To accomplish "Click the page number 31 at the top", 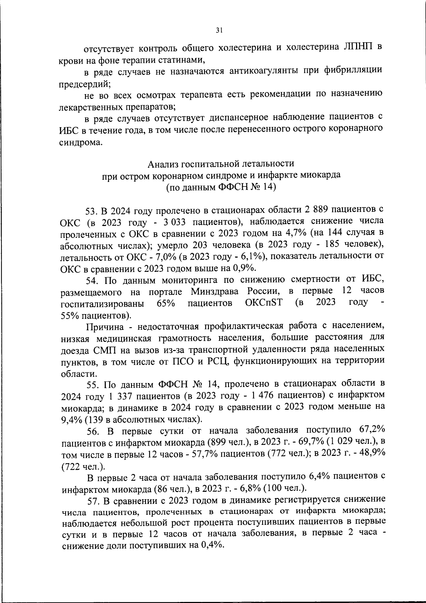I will click(219, 31).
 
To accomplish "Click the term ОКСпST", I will click(261, 303).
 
